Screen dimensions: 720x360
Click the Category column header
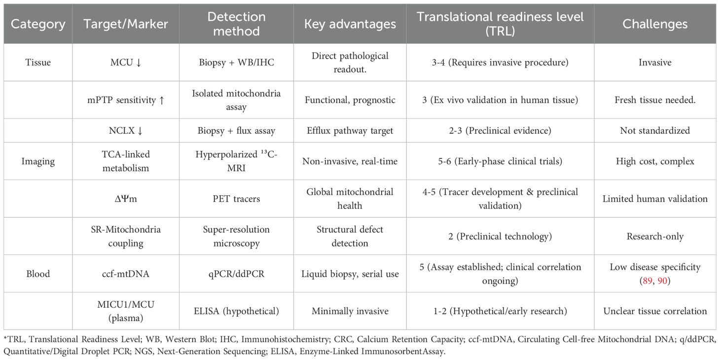[x=37, y=24]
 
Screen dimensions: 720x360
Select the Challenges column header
[x=654, y=24]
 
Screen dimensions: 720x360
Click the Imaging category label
[x=37, y=161]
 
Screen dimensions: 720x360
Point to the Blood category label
[x=37, y=274]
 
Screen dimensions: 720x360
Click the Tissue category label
[x=37, y=63]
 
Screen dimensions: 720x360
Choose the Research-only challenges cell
[x=654, y=236]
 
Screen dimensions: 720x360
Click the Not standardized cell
[x=654, y=131]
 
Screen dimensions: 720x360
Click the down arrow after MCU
[x=139, y=63]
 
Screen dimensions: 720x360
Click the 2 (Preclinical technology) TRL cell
[x=500, y=236]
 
